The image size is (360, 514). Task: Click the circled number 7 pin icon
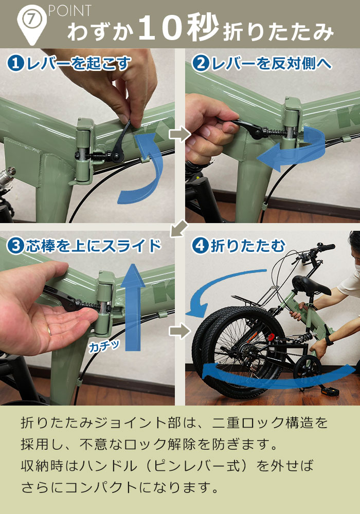click(31, 20)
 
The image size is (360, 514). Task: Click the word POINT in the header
click(70, 10)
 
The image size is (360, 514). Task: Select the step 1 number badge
click(16, 63)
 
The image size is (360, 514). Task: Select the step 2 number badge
click(200, 63)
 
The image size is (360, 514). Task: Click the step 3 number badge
click(16, 246)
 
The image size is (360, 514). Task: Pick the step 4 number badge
click(200, 246)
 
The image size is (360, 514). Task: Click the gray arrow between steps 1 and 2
click(179, 135)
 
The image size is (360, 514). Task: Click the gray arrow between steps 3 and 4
click(179, 331)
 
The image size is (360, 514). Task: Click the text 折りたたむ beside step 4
click(247, 246)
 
